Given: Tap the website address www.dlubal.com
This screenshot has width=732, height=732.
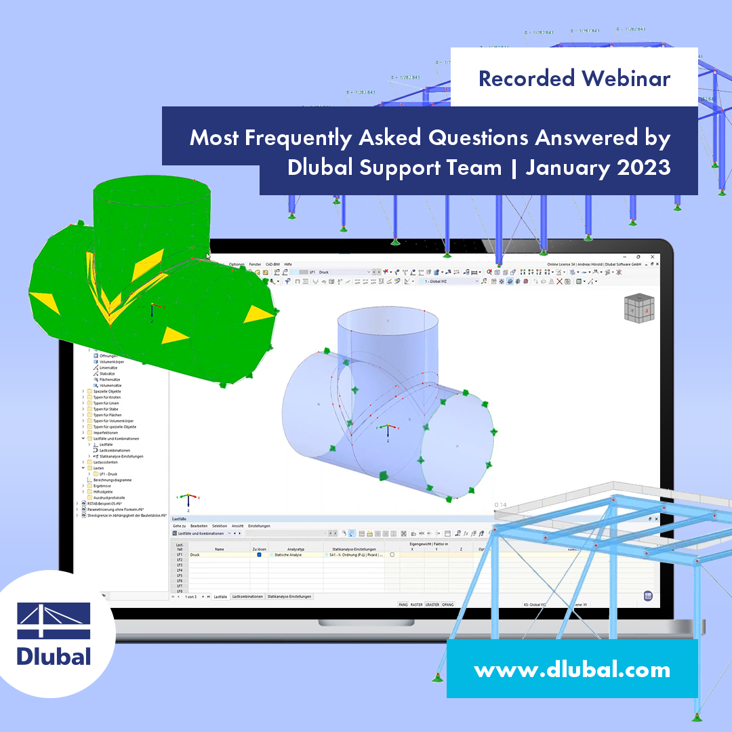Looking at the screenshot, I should [572, 670].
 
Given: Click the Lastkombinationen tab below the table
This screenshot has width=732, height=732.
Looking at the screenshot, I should [247, 596].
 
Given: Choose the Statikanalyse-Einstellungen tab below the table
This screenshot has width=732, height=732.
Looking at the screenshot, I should [289, 596].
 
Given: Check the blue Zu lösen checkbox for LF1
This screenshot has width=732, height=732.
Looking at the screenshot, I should [259, 554].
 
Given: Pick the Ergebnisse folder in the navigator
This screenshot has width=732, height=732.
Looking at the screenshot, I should [103, 485].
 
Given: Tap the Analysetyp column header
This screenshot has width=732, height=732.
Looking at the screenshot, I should [296, 549].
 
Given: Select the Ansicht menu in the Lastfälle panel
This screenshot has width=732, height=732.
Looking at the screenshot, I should [237, 525].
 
